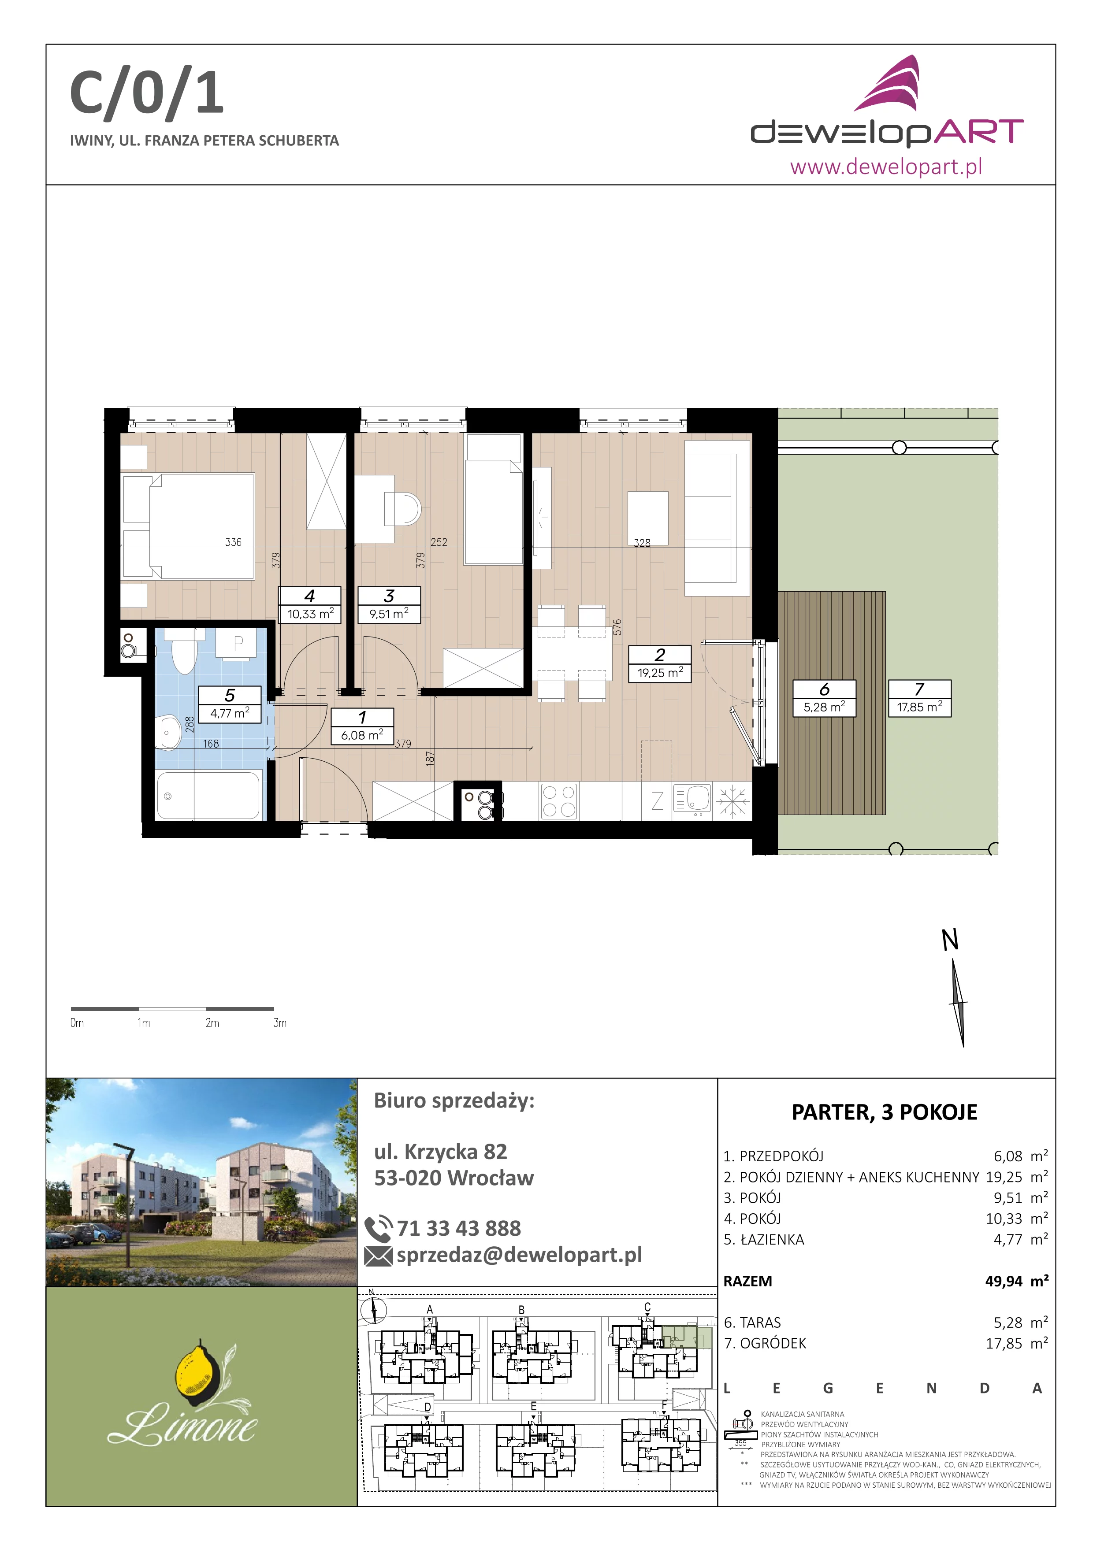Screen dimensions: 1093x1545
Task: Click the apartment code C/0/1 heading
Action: [147, 94]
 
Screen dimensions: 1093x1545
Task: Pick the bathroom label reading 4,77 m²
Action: [230, 713]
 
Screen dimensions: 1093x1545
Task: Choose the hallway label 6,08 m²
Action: [362, 735]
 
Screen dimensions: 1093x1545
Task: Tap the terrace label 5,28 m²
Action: [825, 707]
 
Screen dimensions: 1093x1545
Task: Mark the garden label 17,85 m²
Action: [919, 707]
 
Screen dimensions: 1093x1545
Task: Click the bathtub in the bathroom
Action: [208, 795]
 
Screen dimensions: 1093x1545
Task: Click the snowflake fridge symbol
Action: [732, 801]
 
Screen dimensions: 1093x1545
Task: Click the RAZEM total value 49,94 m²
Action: [1017, 1281]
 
